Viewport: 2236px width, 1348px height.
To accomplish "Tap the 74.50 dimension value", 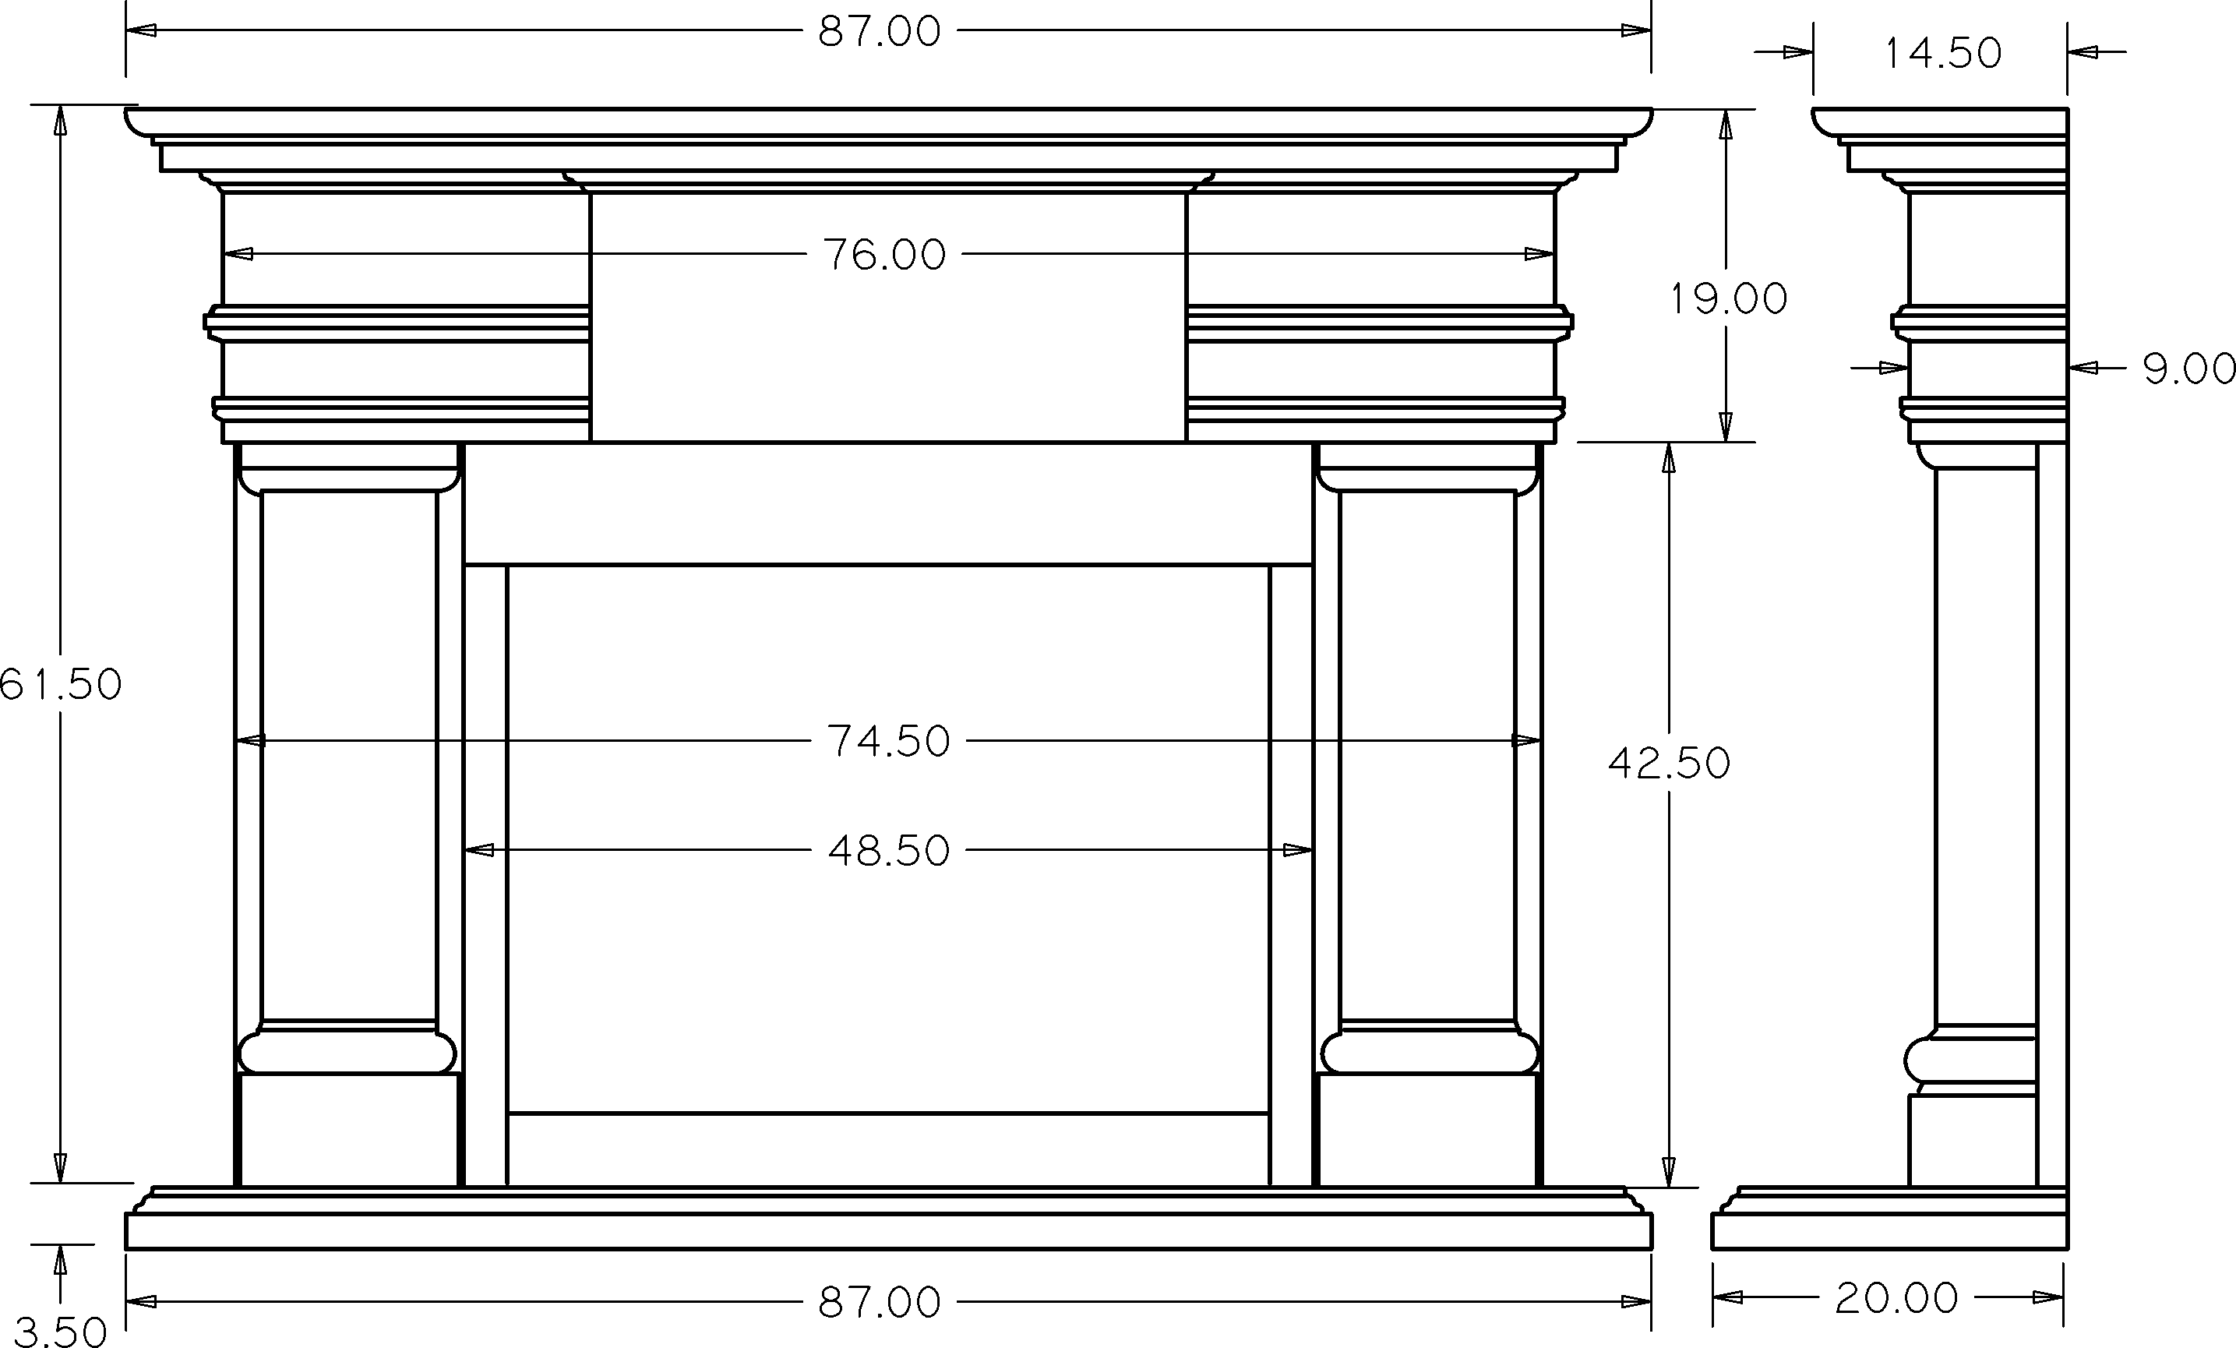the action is pyautogui.click(x=888, y=741).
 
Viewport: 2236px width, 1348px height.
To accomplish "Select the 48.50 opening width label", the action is pyautogui.click(x=888, y=851).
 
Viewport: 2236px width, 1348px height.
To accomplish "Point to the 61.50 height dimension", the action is pyautogui.click(x=60, y=684).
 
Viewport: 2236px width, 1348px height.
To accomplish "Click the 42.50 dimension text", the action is pyautogui.click(x=1669, y=764).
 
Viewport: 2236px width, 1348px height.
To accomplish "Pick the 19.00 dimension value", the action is pyautogui.click(x=1729, y=298).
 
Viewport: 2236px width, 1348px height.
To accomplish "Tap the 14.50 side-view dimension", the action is pyautogui.click(x=1943, y=53).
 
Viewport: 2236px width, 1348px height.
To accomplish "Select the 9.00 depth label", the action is pyautogui.click(x=2188, y=369).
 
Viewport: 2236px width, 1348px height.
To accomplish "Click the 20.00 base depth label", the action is pyautogui.click(x=1896, y=1298).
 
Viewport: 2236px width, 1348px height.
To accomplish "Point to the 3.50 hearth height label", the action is pyautogui.click(x=60, y=1332).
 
